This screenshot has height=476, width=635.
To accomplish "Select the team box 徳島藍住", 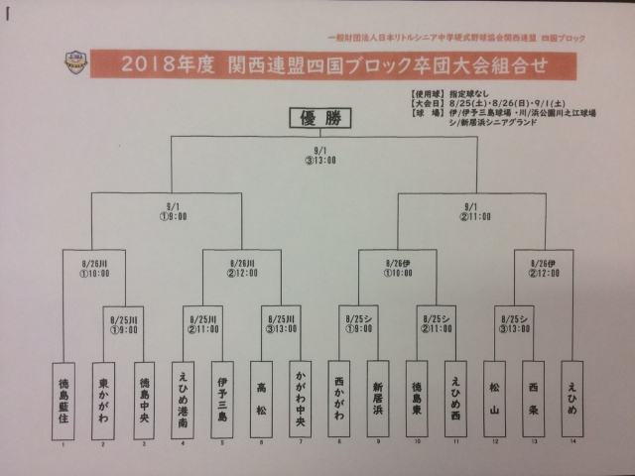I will point(63,400).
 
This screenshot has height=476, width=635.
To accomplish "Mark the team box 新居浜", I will point(377,400).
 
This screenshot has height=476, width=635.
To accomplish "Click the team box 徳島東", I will point(417,400).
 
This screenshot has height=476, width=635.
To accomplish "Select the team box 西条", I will point(532,400).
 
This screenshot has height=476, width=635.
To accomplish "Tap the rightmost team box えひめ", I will point(571,400).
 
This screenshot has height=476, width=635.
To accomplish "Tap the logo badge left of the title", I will point(72,64).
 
